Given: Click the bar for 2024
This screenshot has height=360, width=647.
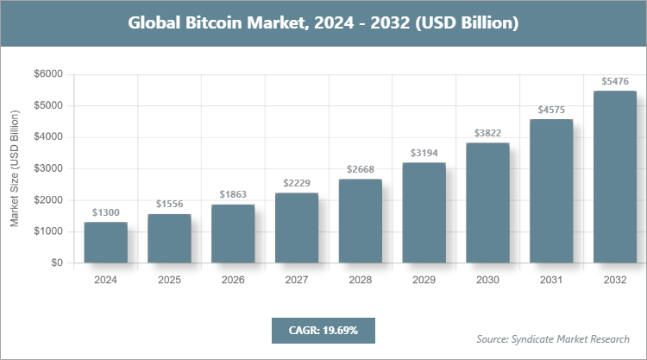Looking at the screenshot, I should (x=105, y=243).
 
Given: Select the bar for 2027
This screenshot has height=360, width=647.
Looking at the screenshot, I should (x=297, y=228).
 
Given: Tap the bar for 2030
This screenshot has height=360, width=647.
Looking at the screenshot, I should (x=487, y=203).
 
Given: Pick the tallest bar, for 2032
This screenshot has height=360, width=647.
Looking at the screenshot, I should (x=615, y=177).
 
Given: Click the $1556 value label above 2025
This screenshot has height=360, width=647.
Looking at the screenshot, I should (x=169, y=204).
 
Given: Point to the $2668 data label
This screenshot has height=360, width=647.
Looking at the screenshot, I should (x=361, y=169).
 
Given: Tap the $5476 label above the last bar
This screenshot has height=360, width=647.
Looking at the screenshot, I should (x=615, y=81).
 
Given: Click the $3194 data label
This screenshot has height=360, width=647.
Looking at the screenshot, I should (x=424, y=153).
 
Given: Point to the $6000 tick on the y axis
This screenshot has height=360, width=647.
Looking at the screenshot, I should (x=47, y=74).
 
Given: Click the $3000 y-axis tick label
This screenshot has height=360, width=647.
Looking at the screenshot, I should (x=47, y=168).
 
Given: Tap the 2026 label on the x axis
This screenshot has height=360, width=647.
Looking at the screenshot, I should (x=233, y=280).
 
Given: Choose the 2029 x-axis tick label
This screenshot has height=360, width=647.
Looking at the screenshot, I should (x=424, y=280).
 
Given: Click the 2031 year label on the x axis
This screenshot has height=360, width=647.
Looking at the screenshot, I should (x=551, y=280).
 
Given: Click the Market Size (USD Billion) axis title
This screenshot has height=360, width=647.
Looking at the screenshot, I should (x=15, y=169).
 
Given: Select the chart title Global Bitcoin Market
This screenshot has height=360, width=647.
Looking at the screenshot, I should (x=323, y=23).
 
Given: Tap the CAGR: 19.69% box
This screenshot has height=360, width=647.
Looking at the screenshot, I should (x=323, y=330).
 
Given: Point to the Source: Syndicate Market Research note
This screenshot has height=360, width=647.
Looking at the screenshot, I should (x=553, y=338).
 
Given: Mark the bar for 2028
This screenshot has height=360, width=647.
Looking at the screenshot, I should (x=361, y=221).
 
